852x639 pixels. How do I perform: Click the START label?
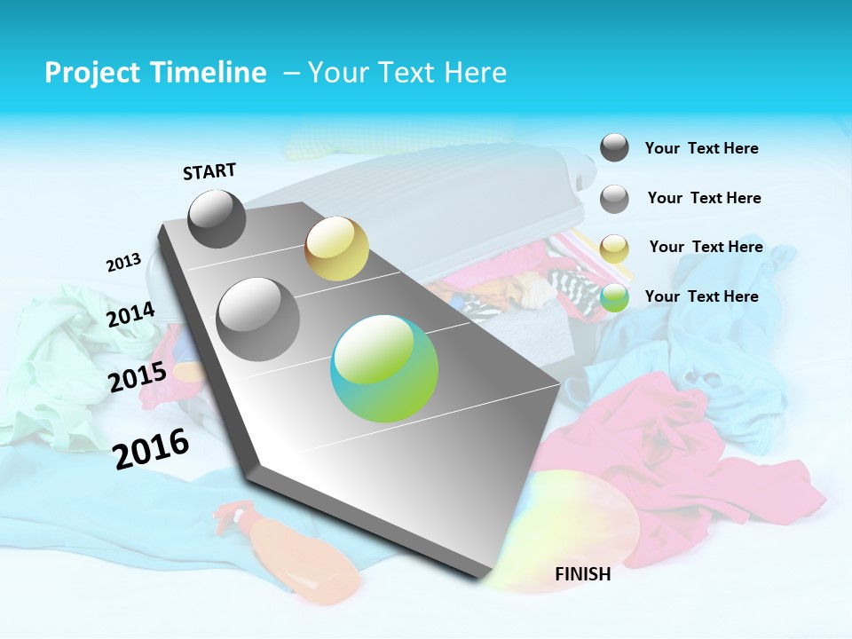[x=209, y=171]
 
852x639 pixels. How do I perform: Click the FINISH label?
[x=582, y=574]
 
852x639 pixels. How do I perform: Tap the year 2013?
[x=123, y=263]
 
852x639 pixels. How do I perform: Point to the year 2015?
[x=137, y=377]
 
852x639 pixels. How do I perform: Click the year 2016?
[x=151, y=449]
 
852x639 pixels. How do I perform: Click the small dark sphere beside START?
[x=217, y=218]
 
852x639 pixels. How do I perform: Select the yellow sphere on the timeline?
[x=336, y=248]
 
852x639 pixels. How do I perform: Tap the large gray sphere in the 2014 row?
[x=258, y=319]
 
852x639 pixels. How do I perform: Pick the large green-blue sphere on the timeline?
[x=384, y=369]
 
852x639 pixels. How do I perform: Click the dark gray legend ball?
[x=614, y=147]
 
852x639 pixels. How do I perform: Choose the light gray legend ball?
[x=614, y=199]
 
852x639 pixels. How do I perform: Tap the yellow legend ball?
[x=614, y=248]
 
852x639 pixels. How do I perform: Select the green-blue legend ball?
[x=614, y=298]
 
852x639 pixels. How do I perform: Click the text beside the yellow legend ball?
[x=706, y=247]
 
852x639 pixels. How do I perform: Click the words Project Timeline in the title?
[x=155, y=73]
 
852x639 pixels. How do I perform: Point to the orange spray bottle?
[x=293, y=555]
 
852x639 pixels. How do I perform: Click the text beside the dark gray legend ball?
[x=701, y=148]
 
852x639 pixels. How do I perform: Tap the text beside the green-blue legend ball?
[x=701, y=296]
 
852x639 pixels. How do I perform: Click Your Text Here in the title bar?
[x=407, y=73]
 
